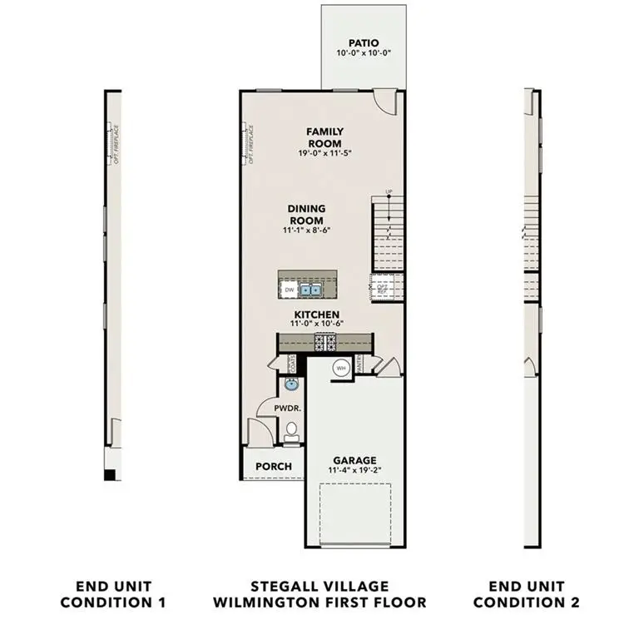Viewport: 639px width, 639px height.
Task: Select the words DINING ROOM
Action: tap(307, 215)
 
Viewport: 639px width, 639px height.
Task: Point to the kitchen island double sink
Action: tap(312, 290)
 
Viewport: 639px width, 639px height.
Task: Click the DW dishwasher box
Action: tap(289, 290)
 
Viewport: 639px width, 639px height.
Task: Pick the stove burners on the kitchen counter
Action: tap(324, 340)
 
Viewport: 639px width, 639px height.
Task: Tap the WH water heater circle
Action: tap(341, 367)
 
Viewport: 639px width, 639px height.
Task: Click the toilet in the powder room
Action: tap(291, 430)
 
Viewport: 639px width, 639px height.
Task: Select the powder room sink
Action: tap(290, 384)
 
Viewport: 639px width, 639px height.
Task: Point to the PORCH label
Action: tap(274, 466)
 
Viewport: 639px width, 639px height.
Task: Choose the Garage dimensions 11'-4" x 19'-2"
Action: tap(355, 470)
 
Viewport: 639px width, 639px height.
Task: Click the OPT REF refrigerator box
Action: tap(384, 288)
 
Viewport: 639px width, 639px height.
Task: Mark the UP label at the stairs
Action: tap(389, 193)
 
